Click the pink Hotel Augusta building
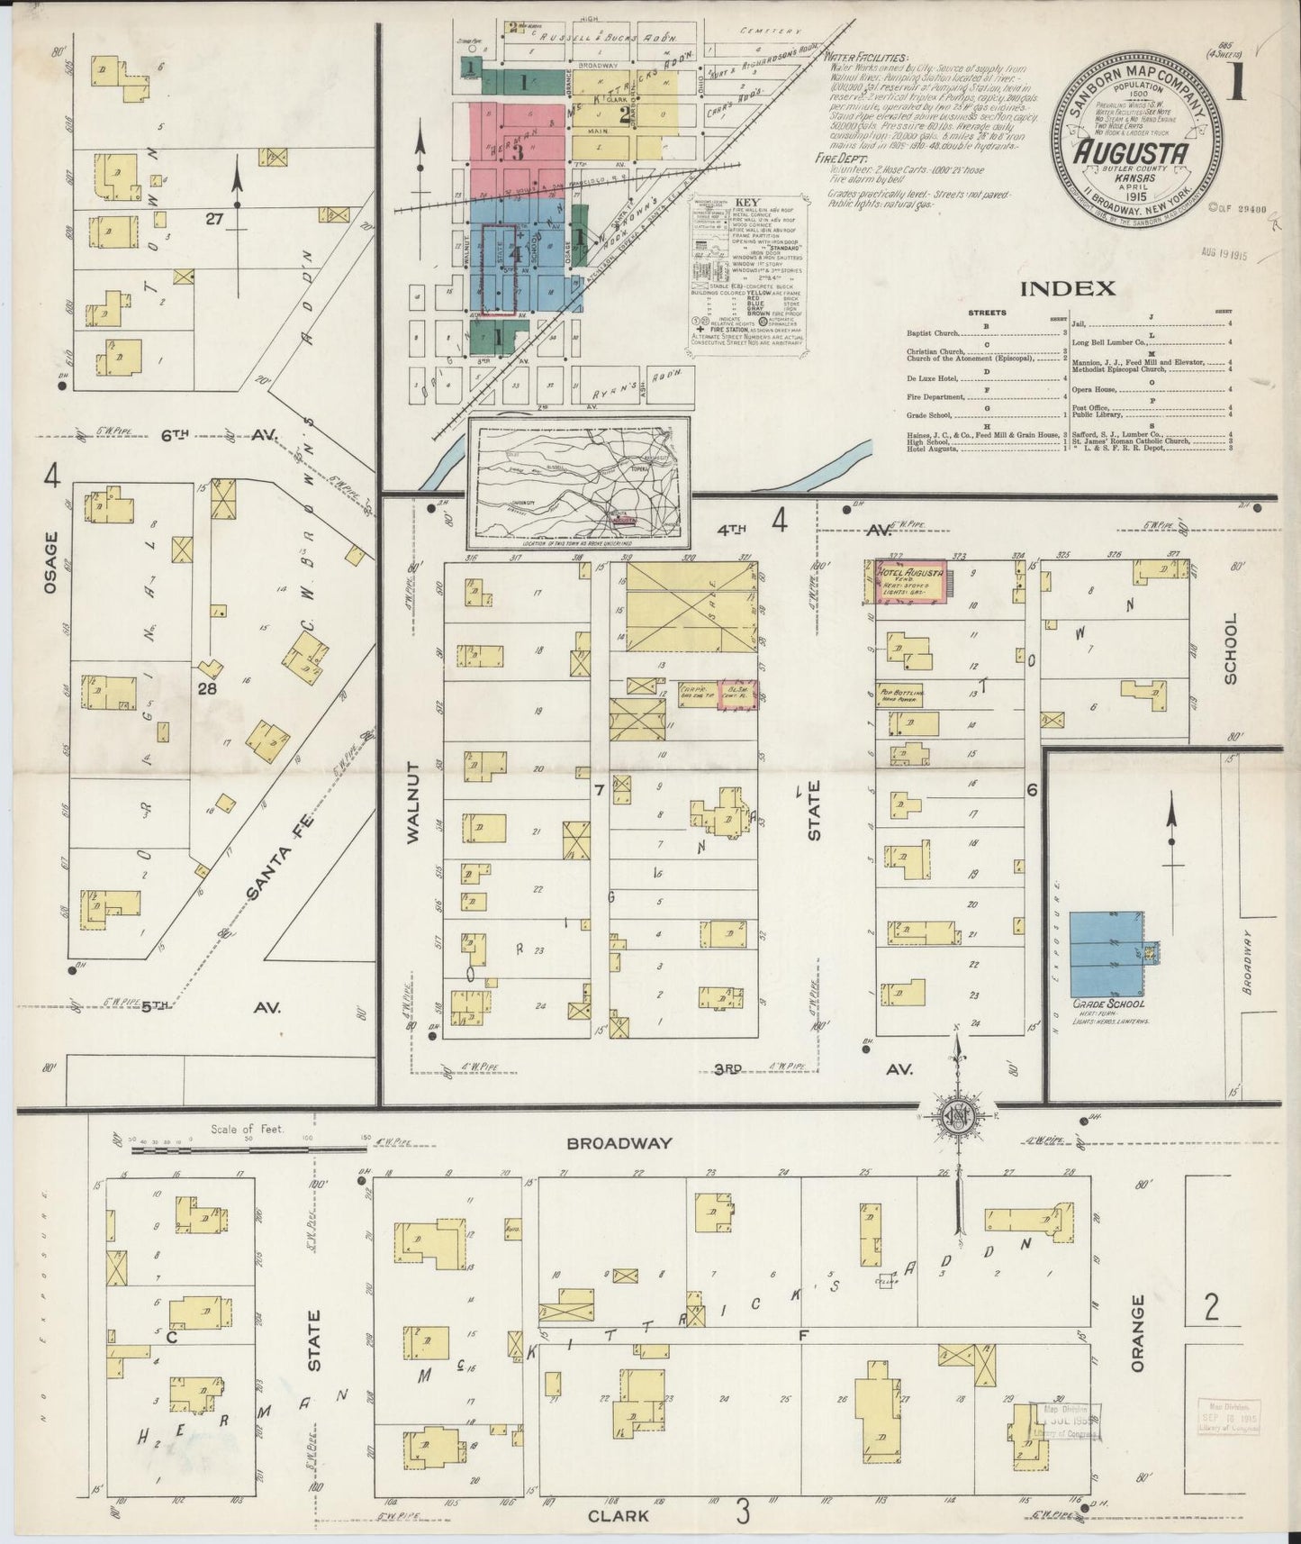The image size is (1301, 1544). (x=909, y=582)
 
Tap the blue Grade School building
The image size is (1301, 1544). (x=1106, y=951)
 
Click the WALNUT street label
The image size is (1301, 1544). (x=413, y=803)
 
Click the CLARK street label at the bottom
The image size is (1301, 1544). (x=619, y=1515)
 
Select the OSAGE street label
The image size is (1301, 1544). (x=50, y=563)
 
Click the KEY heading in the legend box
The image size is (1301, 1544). (x=748, y=204)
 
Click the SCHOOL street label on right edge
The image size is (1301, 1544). (x=1231, y=649)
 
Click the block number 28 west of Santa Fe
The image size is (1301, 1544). (x=208, y=689)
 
